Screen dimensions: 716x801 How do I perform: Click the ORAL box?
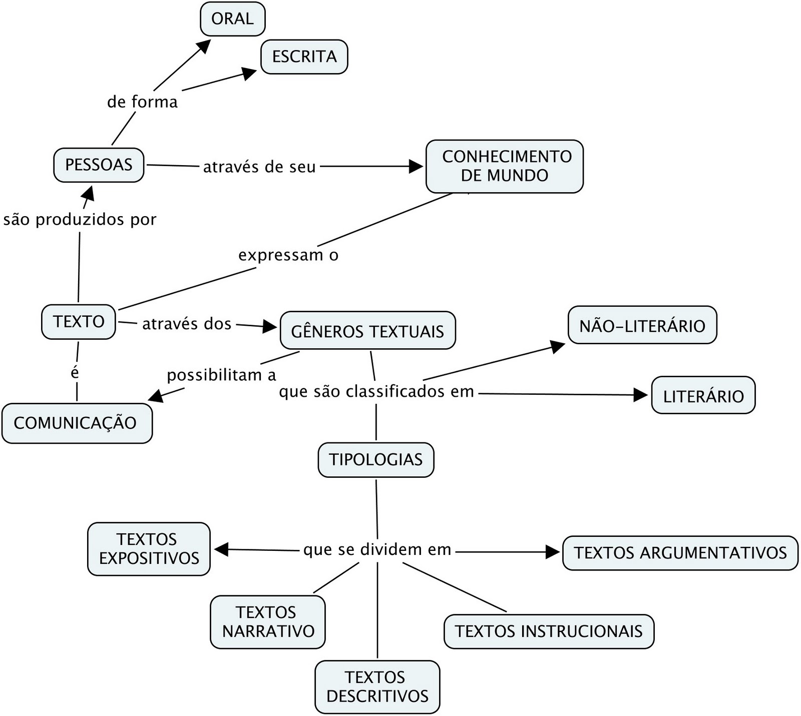pyautogui.click(x=232, y=19)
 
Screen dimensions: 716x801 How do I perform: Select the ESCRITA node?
pyautogui.click(x=304, y=57)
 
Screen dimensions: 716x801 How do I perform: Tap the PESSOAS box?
pyautogui.click(x=99, y=165)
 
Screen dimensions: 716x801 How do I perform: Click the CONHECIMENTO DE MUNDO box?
pyautogui.click(x=504, y=166)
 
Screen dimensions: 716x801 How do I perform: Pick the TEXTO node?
pyautogui.click(x=79, y=321)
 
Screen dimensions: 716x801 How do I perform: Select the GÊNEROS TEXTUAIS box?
pyautogui.click(x=367, y=331)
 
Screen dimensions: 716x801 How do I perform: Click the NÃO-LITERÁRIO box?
pyautogui.click(x=642, y=325)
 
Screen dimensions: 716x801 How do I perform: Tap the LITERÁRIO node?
pyautogui.click(x=703, y=395)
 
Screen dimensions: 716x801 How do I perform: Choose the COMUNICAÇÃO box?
pyautogui.click(x=76, y=423)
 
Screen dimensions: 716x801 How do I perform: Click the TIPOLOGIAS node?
pyautogui.click(x=375, y=459)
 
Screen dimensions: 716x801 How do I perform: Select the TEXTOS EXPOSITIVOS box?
pyautogui.click(x=149, y=549)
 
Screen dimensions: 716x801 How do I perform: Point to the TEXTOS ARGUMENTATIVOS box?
pyautogui.click(x=680, y=552)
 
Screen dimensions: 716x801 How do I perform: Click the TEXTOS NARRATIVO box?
pyautogui.click(x=268, y=622)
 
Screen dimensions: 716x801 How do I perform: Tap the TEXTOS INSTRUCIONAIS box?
pyautogui.click(x=549, y=631)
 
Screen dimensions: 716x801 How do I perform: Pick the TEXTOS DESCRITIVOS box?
pyautogui.click(x=377, y=687)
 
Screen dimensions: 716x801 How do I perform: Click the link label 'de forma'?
pyautogui.click(x=142, y=102)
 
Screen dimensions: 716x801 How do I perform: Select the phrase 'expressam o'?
pyautogui.click(x=288, y=255)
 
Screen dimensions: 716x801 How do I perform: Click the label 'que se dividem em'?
pyautogui.click(x=377, y=549)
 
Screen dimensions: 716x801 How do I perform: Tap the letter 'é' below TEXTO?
pyautogui.click(x=75, y=373)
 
